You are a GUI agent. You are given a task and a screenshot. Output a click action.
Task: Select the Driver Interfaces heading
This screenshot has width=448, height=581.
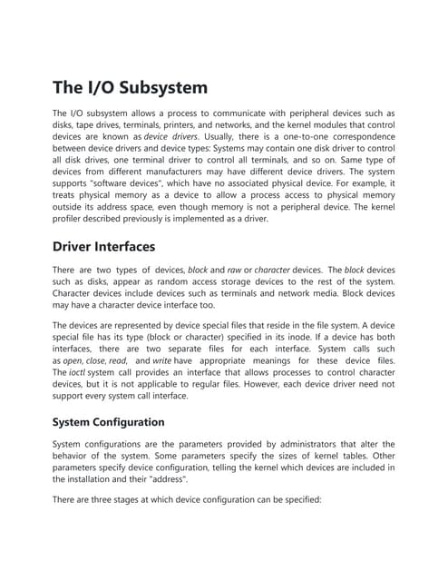pyautogui.click(x=104, y=246)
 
